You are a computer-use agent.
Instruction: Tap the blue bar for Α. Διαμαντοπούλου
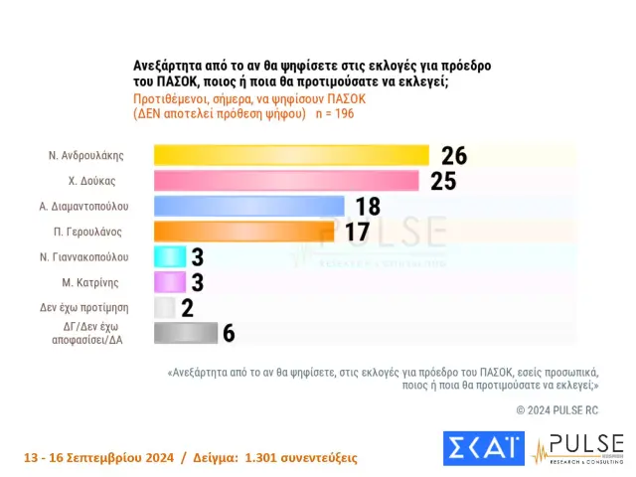(x=248, y=206)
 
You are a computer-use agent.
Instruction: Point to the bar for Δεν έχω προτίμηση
(x=164, y=307)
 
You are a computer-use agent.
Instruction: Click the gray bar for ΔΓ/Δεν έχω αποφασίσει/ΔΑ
(x=185, y=333)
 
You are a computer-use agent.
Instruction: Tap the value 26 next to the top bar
(x=453, y=155)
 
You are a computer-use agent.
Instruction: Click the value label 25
(x=443, y=181)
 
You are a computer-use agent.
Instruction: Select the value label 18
(x=368, y=206)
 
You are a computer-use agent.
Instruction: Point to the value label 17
(x=357, y=232)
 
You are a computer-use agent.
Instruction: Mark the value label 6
(x=228, y=333)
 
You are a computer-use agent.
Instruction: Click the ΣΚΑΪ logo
(x=483, y=448)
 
